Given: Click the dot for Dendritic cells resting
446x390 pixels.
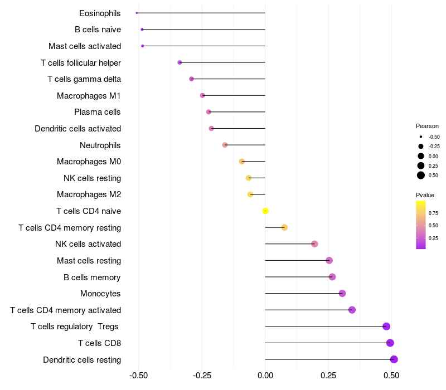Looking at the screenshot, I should click(x=394, y=359).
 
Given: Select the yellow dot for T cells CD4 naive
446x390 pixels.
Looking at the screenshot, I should click(x=265, y=211).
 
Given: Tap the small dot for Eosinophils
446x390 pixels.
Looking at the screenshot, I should click(x=137, y=13).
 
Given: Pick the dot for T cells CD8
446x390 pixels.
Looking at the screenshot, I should click(x=390, y=343).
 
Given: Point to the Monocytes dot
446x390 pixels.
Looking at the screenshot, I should click(x=342, y=294).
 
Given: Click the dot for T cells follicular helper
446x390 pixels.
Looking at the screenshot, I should click(x=180, y=62).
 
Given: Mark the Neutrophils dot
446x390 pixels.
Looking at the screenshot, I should click(x=225, y=145).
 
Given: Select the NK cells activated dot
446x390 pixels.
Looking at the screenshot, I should click(x=314, y=244).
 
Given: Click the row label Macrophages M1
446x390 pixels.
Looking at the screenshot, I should click(x=89, y=96).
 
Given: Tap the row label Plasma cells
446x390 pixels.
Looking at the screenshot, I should click(x=98, y=112).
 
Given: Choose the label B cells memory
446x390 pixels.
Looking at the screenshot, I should click(x=92, y=277).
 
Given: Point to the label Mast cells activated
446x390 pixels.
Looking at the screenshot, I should click(x=85, y=46).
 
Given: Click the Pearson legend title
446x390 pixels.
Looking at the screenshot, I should click(x=427, y=126).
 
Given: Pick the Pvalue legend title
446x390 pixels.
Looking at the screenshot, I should click(x=425, y=195).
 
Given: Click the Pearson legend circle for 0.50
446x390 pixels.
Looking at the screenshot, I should click(x=421, y=175).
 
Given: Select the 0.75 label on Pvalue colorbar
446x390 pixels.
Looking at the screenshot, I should click(x=433, y=213).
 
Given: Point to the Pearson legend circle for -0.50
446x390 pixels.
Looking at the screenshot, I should click(x=421, y=136).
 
